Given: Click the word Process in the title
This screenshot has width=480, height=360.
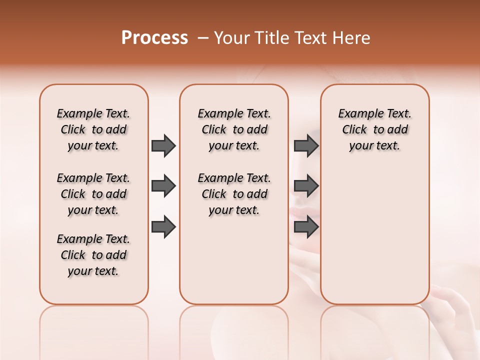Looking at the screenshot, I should pyautogui.click(x=154, y=38).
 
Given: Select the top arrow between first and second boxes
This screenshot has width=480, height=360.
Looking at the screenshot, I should pyautogui.click(x=163, y=145).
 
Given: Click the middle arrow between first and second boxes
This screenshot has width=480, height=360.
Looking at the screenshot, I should pyautogui.click(x=163, y=186).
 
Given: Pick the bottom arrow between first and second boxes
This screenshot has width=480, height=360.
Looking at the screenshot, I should pyautogui.click(x=163, y=227).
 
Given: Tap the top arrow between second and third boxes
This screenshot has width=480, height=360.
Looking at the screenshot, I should pyautogui.click(x=306, y=145).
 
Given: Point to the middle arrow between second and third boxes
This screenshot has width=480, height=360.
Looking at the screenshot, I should pyautogui.click(x=306, y=186).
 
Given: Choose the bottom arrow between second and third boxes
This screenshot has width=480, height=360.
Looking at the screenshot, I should pyautogui.click(x=306, y=227).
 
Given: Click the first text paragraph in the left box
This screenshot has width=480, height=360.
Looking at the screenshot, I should pyautogui.click(x=93, y=129).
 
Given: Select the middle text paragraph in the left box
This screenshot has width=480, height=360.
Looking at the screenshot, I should pyautogui.click(x=93, y=194).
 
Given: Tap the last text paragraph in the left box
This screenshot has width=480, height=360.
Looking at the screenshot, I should pyautogui.click(x=93, y=255).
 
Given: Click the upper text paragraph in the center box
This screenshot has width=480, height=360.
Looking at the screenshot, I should pyautogui.click(x=234, y=129).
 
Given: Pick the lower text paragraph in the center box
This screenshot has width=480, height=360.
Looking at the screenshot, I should pyautogui.click(x=234, y=194).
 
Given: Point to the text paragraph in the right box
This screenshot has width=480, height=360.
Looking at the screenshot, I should pyautogui.click(x=374, y=129).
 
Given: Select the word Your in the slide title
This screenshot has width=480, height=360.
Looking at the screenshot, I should pyautogui.click(x=230, y=38).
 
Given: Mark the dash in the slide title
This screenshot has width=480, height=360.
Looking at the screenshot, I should pyautogui.click(x=202, y=38).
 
